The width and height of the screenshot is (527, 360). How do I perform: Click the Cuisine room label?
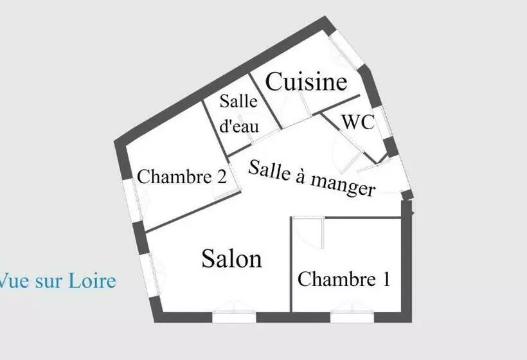[306, 82]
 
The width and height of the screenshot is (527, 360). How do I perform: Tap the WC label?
[358, 122]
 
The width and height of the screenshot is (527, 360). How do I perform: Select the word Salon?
[232, 258]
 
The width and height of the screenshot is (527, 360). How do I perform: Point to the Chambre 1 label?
[344, 279]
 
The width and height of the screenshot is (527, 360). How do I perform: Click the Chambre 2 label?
[182, 176]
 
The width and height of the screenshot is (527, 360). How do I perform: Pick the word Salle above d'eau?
[238, 101]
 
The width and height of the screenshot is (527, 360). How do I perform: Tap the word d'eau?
[239, 126]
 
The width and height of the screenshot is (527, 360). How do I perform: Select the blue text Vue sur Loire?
[57, 281]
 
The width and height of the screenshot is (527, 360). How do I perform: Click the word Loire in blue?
[93, 281]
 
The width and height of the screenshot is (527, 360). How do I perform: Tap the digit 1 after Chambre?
[386, 279]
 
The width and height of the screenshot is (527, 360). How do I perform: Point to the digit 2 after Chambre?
[222, 176]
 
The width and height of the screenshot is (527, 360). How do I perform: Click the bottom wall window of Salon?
[235, 317]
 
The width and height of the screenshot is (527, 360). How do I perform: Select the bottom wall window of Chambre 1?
[352, 317]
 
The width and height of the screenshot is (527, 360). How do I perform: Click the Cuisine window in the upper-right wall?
[347, 50]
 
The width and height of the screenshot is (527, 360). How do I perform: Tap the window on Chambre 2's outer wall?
[132, 201]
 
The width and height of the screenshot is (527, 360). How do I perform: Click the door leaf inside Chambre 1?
[323, 233]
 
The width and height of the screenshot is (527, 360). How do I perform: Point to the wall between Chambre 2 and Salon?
[193, 212]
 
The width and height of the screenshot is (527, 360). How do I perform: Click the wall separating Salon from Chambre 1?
[290, 264]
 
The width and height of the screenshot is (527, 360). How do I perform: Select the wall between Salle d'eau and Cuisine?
[265, 101]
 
